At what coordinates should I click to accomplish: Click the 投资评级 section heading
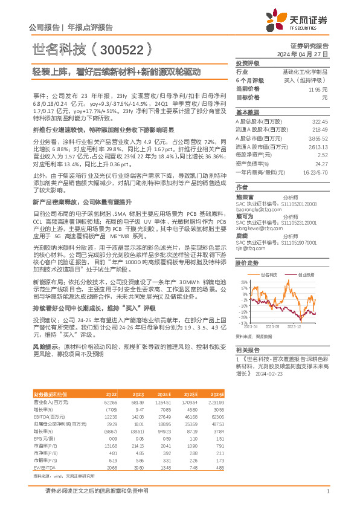point(247,63)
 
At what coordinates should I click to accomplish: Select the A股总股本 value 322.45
point(320,122)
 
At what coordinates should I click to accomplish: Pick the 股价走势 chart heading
point(246,263)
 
